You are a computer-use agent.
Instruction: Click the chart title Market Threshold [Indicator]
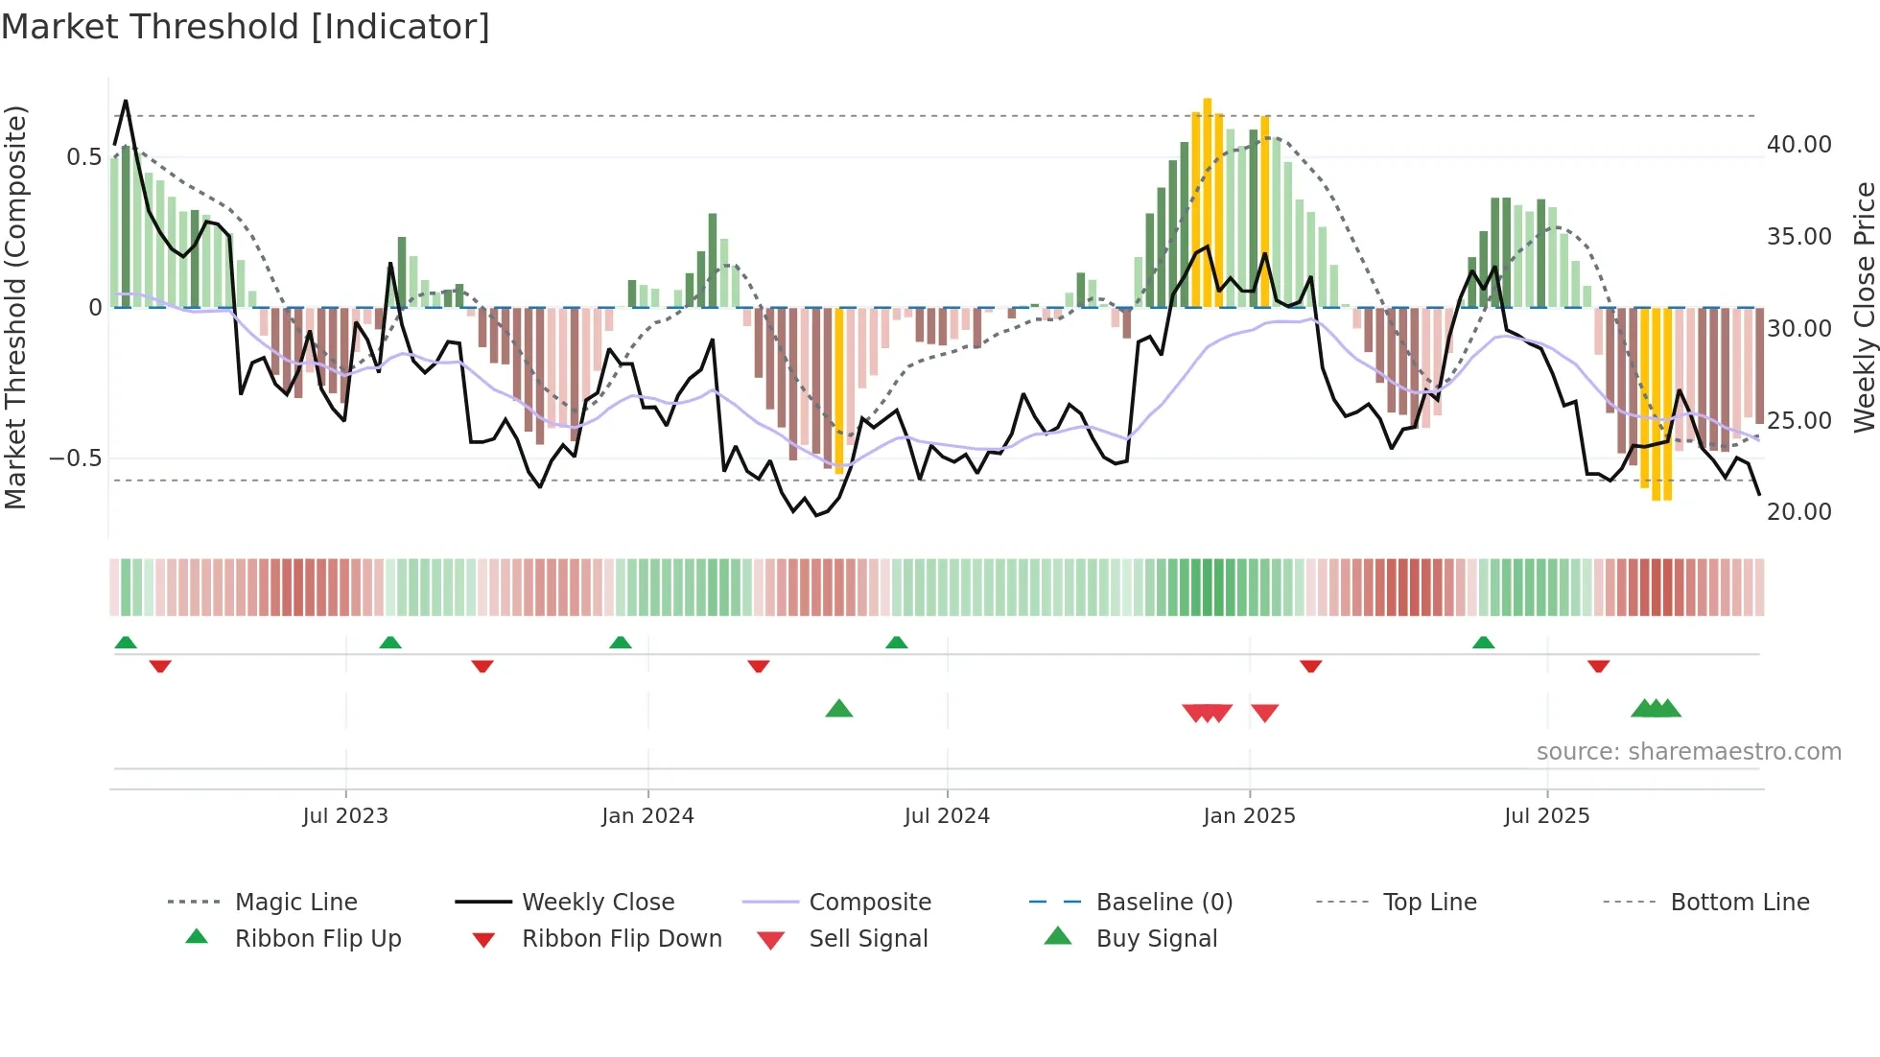click(246, 27)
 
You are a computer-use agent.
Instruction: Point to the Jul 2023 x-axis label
click(345, 815)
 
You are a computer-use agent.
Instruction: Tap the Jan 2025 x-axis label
click(1249, 815)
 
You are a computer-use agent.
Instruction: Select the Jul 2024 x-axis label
click(947, 815)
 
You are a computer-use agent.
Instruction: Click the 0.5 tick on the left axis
click(83, 156)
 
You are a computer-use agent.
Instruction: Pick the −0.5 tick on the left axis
click(76, 458)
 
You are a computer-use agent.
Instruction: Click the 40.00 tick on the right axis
click(1798, 144)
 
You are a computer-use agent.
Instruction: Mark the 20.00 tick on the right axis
click(1798, 511)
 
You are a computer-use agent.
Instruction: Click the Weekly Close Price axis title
click(1864, 307)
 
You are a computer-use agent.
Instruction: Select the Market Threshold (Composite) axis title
click(15, 307)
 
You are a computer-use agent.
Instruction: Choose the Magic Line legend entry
click(295, 902)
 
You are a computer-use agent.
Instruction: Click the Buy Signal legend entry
click(1156, 938)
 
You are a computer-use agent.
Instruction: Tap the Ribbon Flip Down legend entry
click(621, 938)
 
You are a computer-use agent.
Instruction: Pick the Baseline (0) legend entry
click(1163, 902)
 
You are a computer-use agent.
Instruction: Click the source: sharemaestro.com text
click(1688, 751)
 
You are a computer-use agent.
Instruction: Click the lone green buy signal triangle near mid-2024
click(839, 709)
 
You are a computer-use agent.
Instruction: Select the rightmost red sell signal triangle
click(1265, 713)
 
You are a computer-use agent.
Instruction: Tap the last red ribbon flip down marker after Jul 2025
click(1598, 666)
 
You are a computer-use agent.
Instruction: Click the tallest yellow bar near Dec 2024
click(1208, 201)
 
